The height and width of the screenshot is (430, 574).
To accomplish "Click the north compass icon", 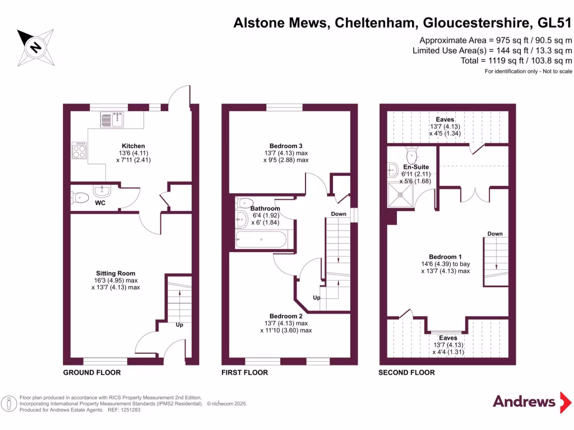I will tap(35, 46).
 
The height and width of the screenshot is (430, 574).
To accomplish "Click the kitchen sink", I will tap(112, 119).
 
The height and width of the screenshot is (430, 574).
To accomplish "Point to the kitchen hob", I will tap(78, 149).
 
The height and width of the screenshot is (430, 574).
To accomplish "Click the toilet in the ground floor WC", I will tap(80, 197).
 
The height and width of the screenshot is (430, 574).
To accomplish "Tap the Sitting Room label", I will tap(115, 274).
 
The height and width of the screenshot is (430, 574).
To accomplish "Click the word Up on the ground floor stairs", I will tap(179, 325).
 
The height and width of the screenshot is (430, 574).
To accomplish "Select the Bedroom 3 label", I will tap(286, 146).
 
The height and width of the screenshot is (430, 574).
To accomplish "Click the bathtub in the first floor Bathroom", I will tap(261, 240).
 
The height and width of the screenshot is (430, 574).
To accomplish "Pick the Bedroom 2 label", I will tap(286, 316).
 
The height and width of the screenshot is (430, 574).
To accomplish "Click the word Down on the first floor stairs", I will tap(339, 214).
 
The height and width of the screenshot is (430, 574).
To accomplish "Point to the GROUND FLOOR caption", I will tap(91, 372).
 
